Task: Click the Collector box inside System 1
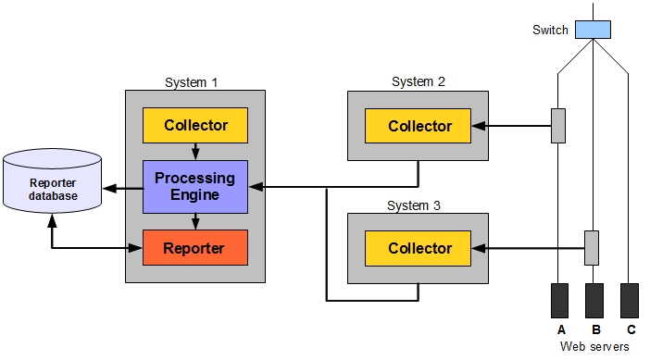(195, 125)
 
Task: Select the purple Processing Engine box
(195, 186)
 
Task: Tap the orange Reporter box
(195, 248)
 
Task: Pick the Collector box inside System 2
(419, 126)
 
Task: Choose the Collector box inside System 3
(419, 248)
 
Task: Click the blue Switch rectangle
(593, 30)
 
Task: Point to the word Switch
(551, 30)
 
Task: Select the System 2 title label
(419, 81)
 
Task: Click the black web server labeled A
(560, 301)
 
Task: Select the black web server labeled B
(594, 301)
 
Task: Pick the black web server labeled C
(630, 301)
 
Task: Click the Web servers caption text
(595, 346)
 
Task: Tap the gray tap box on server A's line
(558, 126)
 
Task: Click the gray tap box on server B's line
(592, 248)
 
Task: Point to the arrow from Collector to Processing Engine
(195, 151)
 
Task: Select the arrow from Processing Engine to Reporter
(195, 221)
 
